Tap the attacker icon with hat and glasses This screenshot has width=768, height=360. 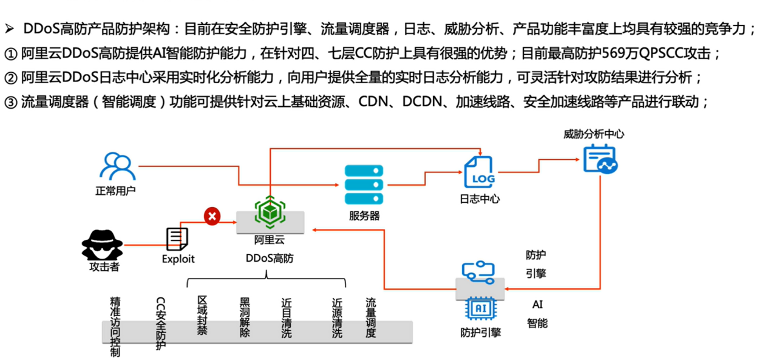coord(102,245)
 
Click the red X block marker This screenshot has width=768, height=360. coord(212,216)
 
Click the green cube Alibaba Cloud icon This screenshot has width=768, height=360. coord(269,210)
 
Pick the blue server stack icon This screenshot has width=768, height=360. coord(364,185)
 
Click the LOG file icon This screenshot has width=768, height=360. coord(479,172)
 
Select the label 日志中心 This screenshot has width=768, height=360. coord(480,199)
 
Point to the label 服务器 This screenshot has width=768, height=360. coord(364,216)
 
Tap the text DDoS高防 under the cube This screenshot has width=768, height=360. coord(269,258)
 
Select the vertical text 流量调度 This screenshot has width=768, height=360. coord(371,317)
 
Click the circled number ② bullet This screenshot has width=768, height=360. coord(10,78)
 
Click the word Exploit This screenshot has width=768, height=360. coord(178,259)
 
